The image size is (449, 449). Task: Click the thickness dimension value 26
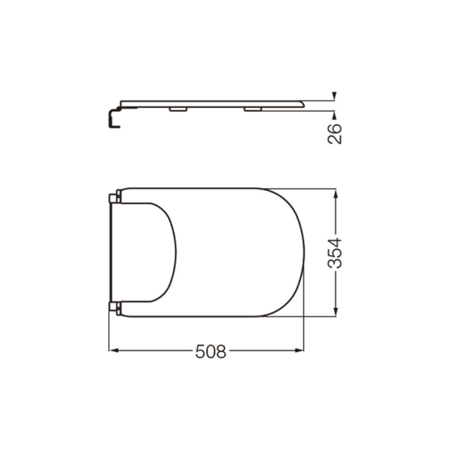[x=335, y=133]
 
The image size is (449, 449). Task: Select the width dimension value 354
[x=335, y=253]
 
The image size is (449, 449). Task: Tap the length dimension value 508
[x=211, y=351]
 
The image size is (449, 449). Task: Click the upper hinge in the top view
[x=115, y=197]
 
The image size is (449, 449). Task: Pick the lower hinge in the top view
[x=115, y=307]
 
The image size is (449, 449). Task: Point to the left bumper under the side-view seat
[x=178, y=110]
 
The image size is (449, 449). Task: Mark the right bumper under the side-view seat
[x=253, y=110]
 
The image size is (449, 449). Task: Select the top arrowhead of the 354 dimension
[x=335, y=192]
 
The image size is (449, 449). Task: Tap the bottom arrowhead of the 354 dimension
[x=335, y=312]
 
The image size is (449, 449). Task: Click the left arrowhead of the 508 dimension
[x=113, y=351]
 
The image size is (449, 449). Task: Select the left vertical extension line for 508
[x=109, y=334]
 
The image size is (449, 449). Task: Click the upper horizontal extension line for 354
[x=301, y=188]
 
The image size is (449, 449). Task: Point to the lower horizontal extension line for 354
[x=301, y=316]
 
